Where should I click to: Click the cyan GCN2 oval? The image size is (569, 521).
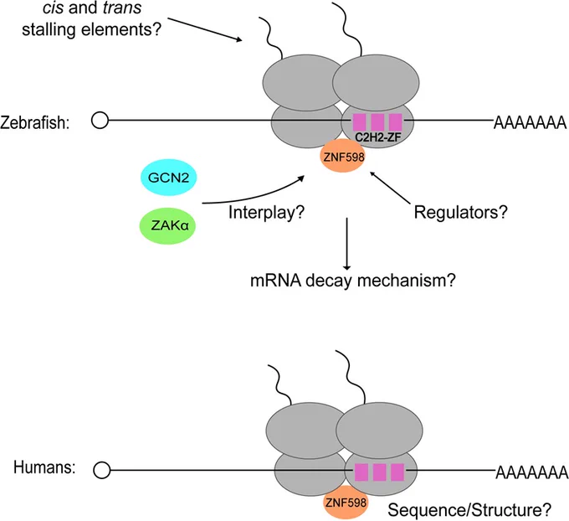pos(168,178)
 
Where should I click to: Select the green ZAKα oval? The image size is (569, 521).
pos(167,225)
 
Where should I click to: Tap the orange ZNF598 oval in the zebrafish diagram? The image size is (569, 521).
pos(343,156)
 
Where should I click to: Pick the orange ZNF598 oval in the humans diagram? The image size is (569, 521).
pos(345,503)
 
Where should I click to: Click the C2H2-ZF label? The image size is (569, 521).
pos(377,137)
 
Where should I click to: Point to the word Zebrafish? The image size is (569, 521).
pos(35,122)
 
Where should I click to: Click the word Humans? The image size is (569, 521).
pos(44,467)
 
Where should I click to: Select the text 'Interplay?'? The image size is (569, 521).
pos(266,212)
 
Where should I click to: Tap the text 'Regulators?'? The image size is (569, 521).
pos(461,212)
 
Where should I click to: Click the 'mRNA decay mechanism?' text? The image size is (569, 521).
pos(353,281)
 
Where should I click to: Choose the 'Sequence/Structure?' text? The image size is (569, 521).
pos(469,510)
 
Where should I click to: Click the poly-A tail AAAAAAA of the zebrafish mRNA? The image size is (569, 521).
pos(531,122)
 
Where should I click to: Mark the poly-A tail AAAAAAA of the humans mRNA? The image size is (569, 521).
pos(532,472)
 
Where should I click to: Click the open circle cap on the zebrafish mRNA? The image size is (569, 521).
pos(100,120)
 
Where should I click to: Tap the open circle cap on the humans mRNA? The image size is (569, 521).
pos(101,471)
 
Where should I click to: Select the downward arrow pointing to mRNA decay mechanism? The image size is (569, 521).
pos(347,244)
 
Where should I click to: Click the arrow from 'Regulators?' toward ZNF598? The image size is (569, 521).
pos(389,187)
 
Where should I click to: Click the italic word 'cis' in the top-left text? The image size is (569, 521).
pos(53,8)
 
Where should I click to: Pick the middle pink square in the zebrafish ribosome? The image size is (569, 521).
pos(377,122)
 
